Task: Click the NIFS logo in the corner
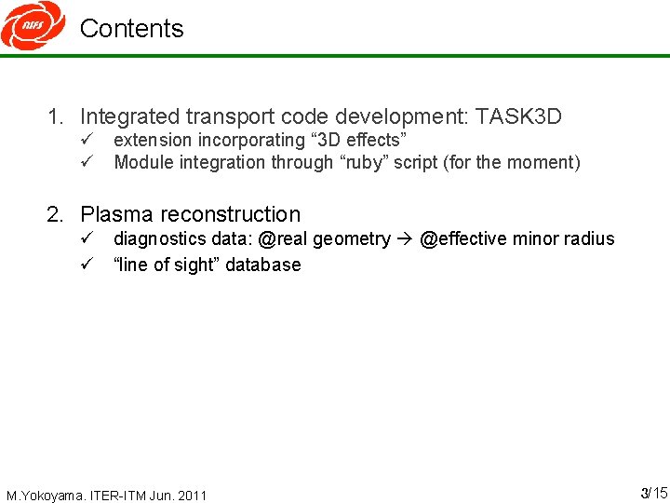[33, 25]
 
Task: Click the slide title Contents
[131, 29]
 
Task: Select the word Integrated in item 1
[130, 116]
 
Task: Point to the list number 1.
[56, 117]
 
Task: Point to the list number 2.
[56, 214]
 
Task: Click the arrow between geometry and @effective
[405, 239]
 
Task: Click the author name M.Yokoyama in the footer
[45, 495]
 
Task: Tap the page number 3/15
[653, 492]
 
